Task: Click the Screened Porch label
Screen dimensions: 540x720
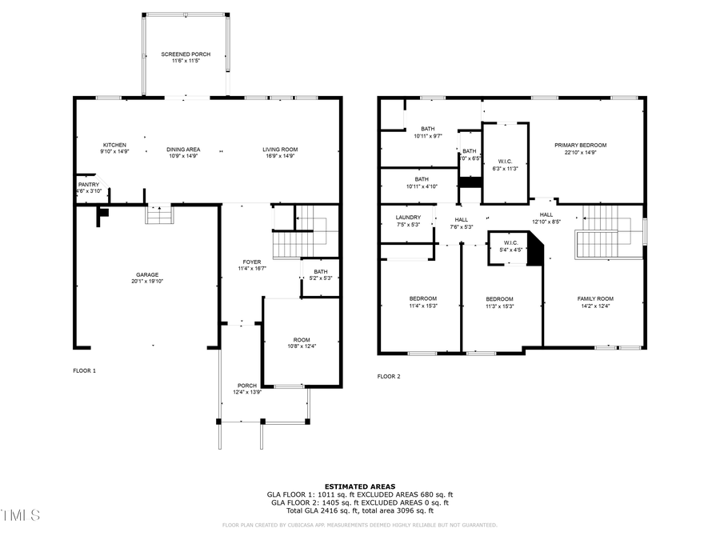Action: (x=186, y=58)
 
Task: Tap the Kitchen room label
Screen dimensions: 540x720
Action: (x=114, y=148)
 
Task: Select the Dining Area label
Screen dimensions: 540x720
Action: (x=183, y=152)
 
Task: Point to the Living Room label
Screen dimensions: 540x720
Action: (x=280, y=152)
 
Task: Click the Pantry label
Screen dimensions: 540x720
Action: (x=89, y=187)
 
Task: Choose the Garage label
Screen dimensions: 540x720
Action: (x=146, y=278)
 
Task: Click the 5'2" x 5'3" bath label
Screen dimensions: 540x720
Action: (x=321, y=274)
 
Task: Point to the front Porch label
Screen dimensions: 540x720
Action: (x=246, y=389)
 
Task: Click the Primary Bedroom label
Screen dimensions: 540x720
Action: (x=581, y=148)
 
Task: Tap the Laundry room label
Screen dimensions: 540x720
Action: (x=408, y=220)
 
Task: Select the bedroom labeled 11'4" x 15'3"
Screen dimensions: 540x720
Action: (x=422, y=302)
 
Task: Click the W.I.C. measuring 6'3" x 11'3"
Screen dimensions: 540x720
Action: (x=505, y=164)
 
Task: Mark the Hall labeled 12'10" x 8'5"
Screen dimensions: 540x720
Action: (x=546, y=218)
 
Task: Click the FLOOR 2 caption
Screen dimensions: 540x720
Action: (x=389, y=375)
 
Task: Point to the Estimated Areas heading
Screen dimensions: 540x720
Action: (x=360, y=486)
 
